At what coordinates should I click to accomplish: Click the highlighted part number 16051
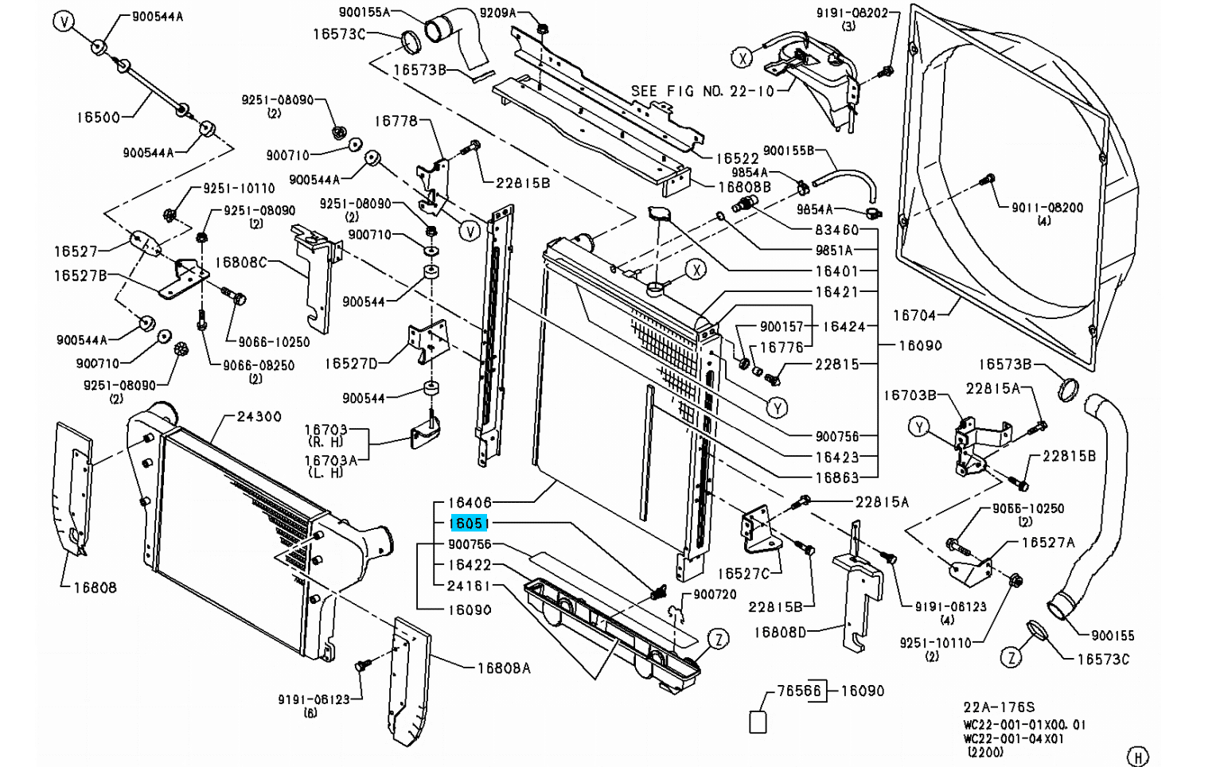[x=469, y=524]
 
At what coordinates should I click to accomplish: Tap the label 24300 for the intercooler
[x=259, y=416]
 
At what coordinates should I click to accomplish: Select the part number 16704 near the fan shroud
[x=914, y=315]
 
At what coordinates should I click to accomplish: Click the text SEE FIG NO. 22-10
[x=702, y=91]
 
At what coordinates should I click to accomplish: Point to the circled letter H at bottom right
[x=1139, y=756]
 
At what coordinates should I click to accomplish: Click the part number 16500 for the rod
[x=98, y=117]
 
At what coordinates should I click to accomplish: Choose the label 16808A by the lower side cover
[x=504, y=668]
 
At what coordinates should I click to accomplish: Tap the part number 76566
[x=799, y=691]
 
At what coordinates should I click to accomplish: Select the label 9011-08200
[x=1047, y=207]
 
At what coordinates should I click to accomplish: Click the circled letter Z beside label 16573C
[x=1011, y=657]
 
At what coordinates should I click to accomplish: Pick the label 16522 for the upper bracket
[x=738, y=159]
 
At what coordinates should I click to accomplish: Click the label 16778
[x=396, y=121]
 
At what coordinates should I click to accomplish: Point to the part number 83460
[x=836, y=230]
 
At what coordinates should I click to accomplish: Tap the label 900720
[x=715, y=594]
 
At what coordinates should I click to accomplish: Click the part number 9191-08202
[x=852, y=13]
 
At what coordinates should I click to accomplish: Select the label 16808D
[x=780, y=633]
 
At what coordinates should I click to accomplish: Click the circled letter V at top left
[x=64, y=21]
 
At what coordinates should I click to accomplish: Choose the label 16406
[x=470, y=503]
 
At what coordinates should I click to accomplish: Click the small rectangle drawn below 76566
[x=758, y=722]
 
